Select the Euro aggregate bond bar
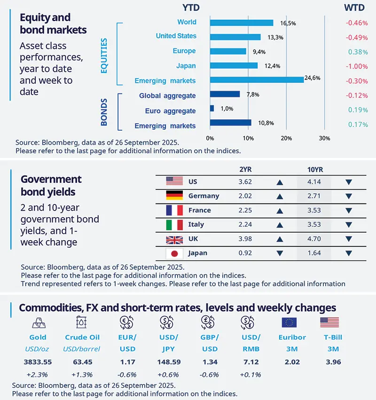pyautogui.click(x=212, y=108)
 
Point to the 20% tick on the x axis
pyautogui.click(x=286, y=138)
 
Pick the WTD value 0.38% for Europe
pyautogui.click(x=358, y=52)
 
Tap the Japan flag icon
pyautogui.click(x=174, y=253)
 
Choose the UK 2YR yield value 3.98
pyautogui.click(x=245, y=239)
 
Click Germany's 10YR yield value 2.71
pyautogui.click(x=313, y=196)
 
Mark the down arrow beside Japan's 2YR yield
pyautogui.click(x=280, y=253)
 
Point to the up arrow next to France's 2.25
pyautogui.click(x=280, y=210)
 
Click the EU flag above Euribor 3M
pyautogui.click(x=289, y=322)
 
